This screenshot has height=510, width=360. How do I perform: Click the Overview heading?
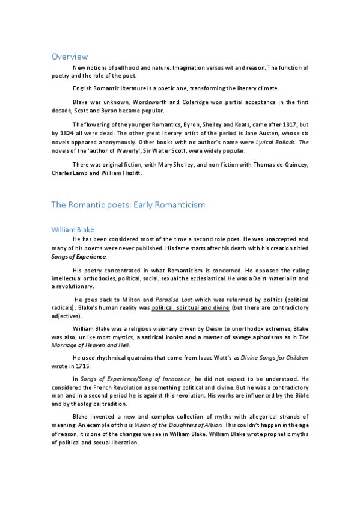pos(70,57)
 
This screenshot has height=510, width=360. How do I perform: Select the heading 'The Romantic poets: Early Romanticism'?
pos(128,205)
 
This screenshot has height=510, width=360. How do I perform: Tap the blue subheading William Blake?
pos(73,230)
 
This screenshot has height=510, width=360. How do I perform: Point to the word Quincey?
pos(293,165)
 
